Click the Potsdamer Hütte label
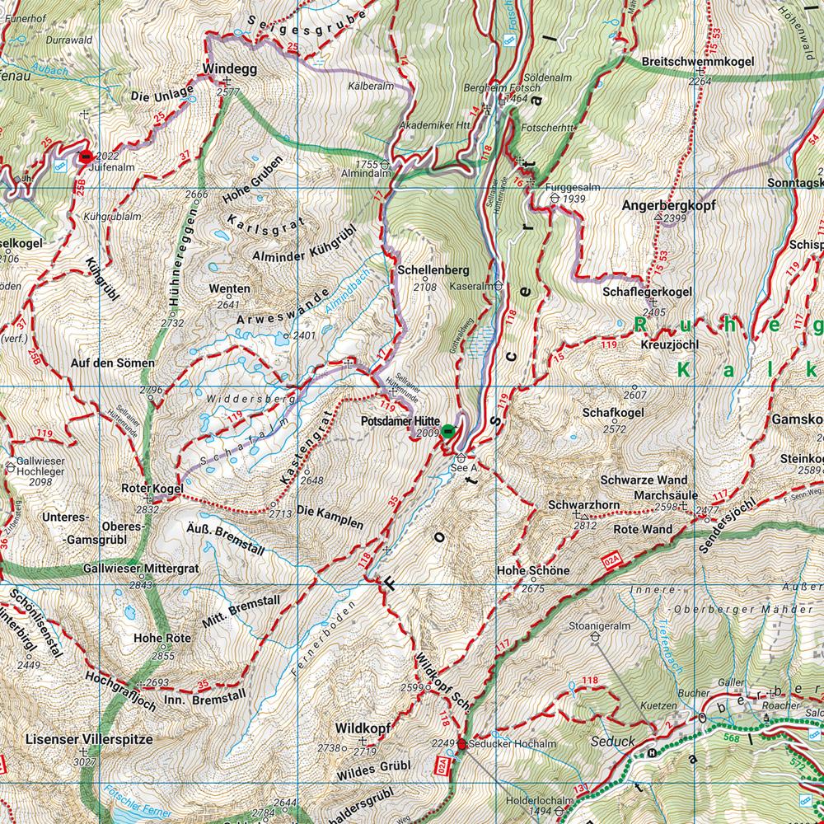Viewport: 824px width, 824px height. (400, 420)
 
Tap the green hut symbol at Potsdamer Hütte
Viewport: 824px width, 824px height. (447, 430)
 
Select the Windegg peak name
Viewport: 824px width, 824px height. (227, 70)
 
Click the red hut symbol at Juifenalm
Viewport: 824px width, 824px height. (85, 156)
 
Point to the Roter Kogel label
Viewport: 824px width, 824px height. (152, 489)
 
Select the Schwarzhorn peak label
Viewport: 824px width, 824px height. (574, 504)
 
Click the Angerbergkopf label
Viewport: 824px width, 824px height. (668, 204)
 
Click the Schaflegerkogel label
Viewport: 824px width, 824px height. (647, 292)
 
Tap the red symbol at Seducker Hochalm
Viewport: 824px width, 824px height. (462, 744)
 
